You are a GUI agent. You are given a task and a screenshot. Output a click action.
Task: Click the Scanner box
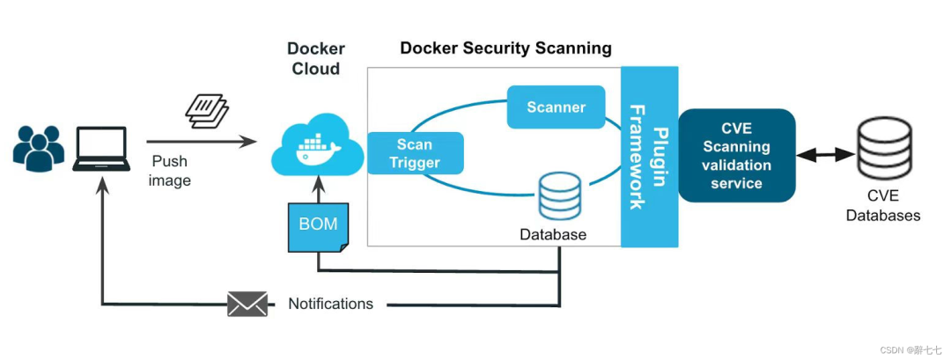[556, 107]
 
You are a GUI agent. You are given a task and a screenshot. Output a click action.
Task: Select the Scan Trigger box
[415, 153]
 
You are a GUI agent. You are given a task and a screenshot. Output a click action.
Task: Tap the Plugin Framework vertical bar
[648, 157]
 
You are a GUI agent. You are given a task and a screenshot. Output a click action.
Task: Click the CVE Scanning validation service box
[736, 155]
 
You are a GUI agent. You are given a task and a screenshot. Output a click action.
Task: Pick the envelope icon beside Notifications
[247, 304]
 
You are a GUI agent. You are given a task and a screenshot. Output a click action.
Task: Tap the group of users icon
[39, 147]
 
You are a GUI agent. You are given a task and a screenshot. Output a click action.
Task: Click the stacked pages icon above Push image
[207, 111]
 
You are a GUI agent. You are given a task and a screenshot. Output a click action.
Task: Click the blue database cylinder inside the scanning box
[560, 196]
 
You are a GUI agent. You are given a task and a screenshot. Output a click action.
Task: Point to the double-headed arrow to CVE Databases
[825, 156]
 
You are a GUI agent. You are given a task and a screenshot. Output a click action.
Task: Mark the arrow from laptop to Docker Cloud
[202, 141]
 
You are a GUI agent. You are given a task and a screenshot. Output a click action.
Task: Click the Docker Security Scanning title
[505, 48]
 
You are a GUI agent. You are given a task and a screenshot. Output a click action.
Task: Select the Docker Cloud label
[315, 58]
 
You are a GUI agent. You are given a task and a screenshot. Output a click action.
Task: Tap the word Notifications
[331, 304]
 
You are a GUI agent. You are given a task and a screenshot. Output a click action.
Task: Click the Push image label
[171, 171]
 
